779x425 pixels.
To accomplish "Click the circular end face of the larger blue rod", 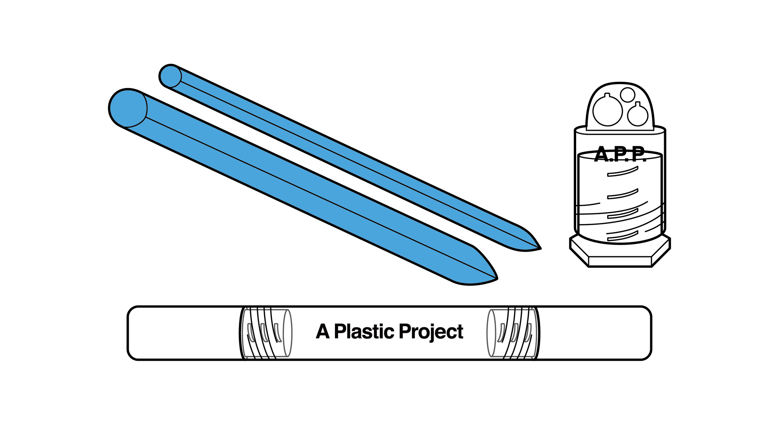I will tap(128, 108).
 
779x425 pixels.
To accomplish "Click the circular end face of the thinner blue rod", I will tap(170, 76).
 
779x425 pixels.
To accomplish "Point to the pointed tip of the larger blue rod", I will tap(496, 278).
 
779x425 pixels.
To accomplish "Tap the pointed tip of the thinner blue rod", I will tap(540, 248).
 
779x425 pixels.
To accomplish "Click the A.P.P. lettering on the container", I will tap(620, 154).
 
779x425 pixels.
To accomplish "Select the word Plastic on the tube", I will tap(364, 331).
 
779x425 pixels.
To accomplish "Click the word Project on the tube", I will tap(431, 332).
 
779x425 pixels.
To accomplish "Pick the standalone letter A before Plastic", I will tap(323, 331).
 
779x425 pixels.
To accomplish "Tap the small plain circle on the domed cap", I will tap(627, 95).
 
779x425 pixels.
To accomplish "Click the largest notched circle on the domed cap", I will tap(607, 111).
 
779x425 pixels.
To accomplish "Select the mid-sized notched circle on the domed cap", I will tap(637, 115).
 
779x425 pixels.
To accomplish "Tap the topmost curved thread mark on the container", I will tap(623, 172).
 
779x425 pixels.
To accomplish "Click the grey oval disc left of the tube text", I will tap(287, 333).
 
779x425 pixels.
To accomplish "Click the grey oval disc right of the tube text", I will tap(491, 333).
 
